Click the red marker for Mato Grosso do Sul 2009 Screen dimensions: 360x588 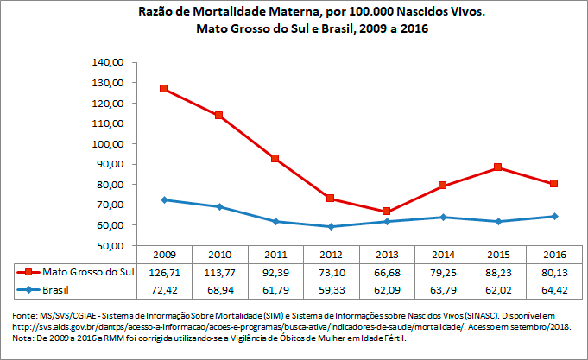[164, 89]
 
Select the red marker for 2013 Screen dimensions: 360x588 [387, 212]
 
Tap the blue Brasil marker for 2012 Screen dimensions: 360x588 [331, 226]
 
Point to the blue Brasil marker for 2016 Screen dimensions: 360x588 [553, 216]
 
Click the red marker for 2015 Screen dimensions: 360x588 [498, 167]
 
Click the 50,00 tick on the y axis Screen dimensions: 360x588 [111, 245]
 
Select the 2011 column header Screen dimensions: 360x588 [275, 255]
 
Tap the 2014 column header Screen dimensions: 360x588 [442, 255]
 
